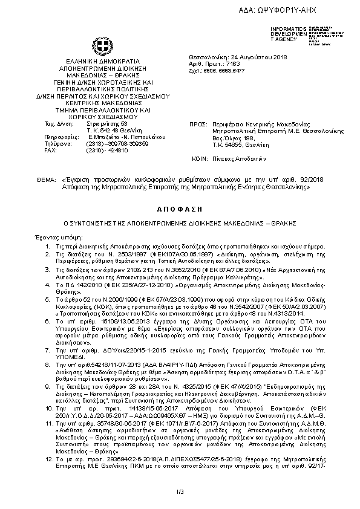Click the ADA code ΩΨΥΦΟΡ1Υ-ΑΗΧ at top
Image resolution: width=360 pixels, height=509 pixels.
319,10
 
